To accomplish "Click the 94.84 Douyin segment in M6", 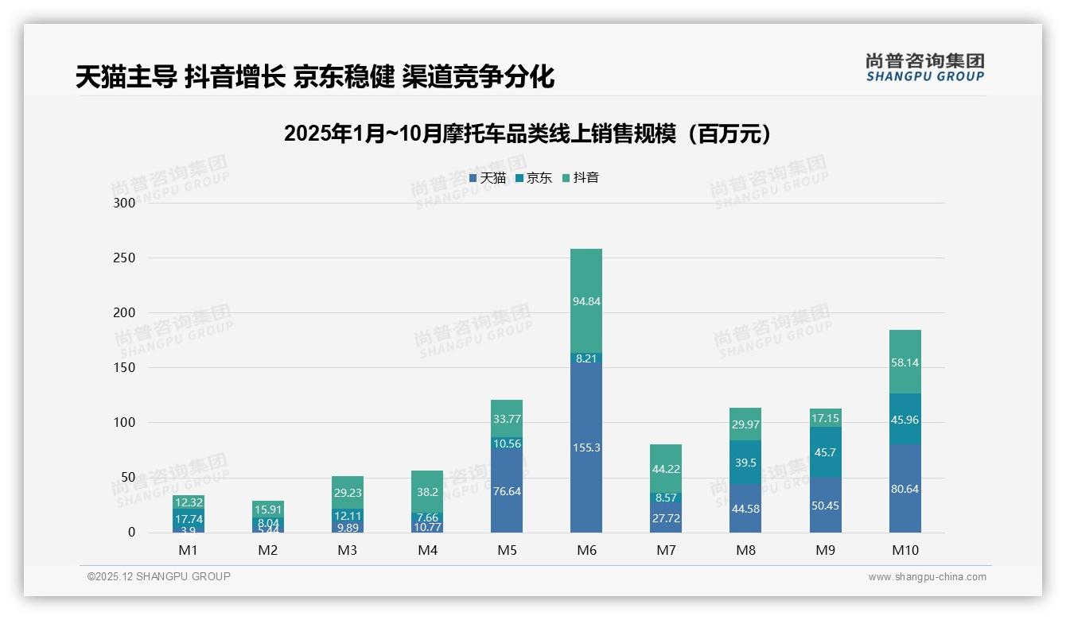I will coord(586,301).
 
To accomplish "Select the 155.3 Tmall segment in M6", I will coord(586,448).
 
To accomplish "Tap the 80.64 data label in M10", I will coord(905,489).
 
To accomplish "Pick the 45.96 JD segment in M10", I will coord(905,420).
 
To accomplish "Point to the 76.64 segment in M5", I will coord(507,491).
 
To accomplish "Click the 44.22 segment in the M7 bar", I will coord(666,469).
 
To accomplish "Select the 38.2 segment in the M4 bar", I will coord(427,492).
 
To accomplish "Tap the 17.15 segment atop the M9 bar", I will coord(825,417).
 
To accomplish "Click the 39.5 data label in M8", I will coord(745,463).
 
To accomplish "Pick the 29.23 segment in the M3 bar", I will coord(348,493).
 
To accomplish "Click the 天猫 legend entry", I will coord(488,178).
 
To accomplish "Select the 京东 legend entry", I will coord(534,178).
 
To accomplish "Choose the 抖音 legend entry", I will coord(581,178).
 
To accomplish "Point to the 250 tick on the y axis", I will coord(125,258).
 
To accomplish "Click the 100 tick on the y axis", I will coord(125,423).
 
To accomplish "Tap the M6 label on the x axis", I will coord(586,550).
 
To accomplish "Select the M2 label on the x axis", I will coord(268,550).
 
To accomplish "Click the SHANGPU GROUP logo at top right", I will coord(924,68).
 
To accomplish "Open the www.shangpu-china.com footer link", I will coord(927,577).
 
